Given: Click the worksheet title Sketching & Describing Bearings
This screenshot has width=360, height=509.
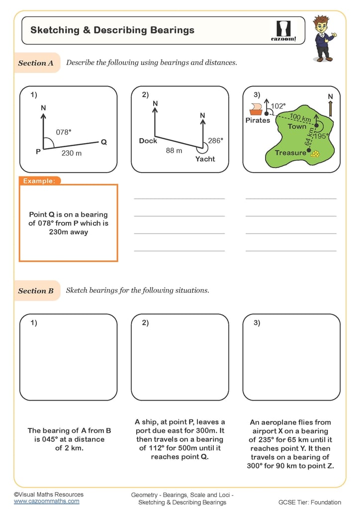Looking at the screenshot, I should pyautogui.click(x=112, y=30).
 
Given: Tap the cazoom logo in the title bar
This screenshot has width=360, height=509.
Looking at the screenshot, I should pyautogui.click(x=283, y=30).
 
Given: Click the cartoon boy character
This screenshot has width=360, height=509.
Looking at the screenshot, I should pyautogui.click(x=323, y=38).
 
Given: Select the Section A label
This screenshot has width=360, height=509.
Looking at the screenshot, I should pyautogui.click(x=36, y=63).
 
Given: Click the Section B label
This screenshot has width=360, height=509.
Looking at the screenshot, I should pyautogui.click(x=36, y=291).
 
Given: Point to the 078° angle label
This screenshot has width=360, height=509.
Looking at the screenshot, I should pyautogui.click(x=63, y=132).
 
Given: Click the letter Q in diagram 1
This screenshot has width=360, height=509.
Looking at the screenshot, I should pyautogui.click(x=104, y=142).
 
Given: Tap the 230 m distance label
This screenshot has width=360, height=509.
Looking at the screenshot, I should pyautogui.click(x=72, y=153).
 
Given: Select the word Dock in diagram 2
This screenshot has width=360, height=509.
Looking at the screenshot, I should pyautogui.click(x=148, y=141).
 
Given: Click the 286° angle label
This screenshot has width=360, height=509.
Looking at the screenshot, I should pyautogui.click(x=216, y=141).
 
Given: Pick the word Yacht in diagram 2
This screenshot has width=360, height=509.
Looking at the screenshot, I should pyautogui.click(x=205, y=159).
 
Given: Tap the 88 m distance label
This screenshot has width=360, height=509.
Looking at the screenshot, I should pyautogui.click(x=174, y=150).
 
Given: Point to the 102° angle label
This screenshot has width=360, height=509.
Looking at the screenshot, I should pyautogui.click(x=278, y=106).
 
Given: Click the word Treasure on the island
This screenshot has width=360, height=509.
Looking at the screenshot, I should pyautogui.click(x=290, y=153).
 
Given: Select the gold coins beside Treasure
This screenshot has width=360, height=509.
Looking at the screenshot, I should pyautogui.click(x=315, y=154).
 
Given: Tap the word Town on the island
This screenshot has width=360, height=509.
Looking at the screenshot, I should pyautogui.click(x=297, y=127).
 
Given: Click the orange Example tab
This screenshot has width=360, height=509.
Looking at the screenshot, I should pyautogui.click(x=40, y=181).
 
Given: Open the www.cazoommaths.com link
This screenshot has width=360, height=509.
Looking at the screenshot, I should pyautogui.click(x=46, y=502).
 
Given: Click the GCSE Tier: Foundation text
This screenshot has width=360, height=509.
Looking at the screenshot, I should pyautogui.click(x=310, y=502).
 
